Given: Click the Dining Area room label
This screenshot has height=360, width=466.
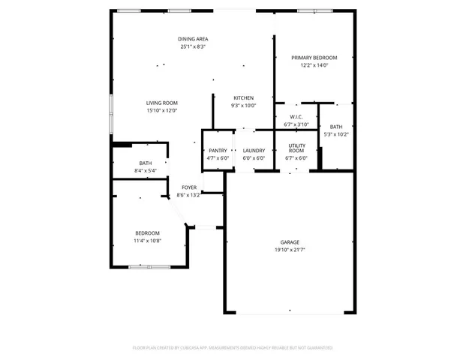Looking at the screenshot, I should [x=193, y=39].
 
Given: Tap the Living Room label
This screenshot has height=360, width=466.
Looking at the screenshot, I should [x=162, y=103].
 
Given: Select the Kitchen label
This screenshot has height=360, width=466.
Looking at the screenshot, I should [x=243, y=97].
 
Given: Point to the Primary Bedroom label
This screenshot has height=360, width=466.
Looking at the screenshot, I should [x=314, y=58].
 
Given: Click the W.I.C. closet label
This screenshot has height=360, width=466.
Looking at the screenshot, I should [x=296, y=117].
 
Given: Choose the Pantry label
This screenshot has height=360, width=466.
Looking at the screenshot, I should [x=218, y=151].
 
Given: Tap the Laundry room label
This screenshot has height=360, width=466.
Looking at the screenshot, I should [x=254, y=151].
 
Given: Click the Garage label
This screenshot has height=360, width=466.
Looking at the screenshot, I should [x=290, y=242].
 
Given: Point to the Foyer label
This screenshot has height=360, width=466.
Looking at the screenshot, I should [x=189, y=187].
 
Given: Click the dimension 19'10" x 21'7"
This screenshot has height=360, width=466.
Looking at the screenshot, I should [x=290, y=250].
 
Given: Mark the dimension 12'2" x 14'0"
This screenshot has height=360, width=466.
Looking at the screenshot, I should [x=314, y=66].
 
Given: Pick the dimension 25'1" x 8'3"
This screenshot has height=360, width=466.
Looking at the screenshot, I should [x=193, y=46].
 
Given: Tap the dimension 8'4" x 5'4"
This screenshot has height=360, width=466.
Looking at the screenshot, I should [x=146, y=171].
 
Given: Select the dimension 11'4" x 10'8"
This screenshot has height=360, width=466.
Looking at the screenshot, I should [x=147, y=241].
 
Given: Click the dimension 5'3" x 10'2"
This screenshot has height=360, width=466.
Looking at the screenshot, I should [x=336, y=134].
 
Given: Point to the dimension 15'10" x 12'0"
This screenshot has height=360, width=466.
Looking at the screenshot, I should [x=162, y=110].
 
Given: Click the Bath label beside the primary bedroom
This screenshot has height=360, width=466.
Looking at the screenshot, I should [x=336, y=127].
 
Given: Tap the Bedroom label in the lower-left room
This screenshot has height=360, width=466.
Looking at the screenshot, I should [x=147, y=233].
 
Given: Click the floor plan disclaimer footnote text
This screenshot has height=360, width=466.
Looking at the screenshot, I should [x=233, y=348].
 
